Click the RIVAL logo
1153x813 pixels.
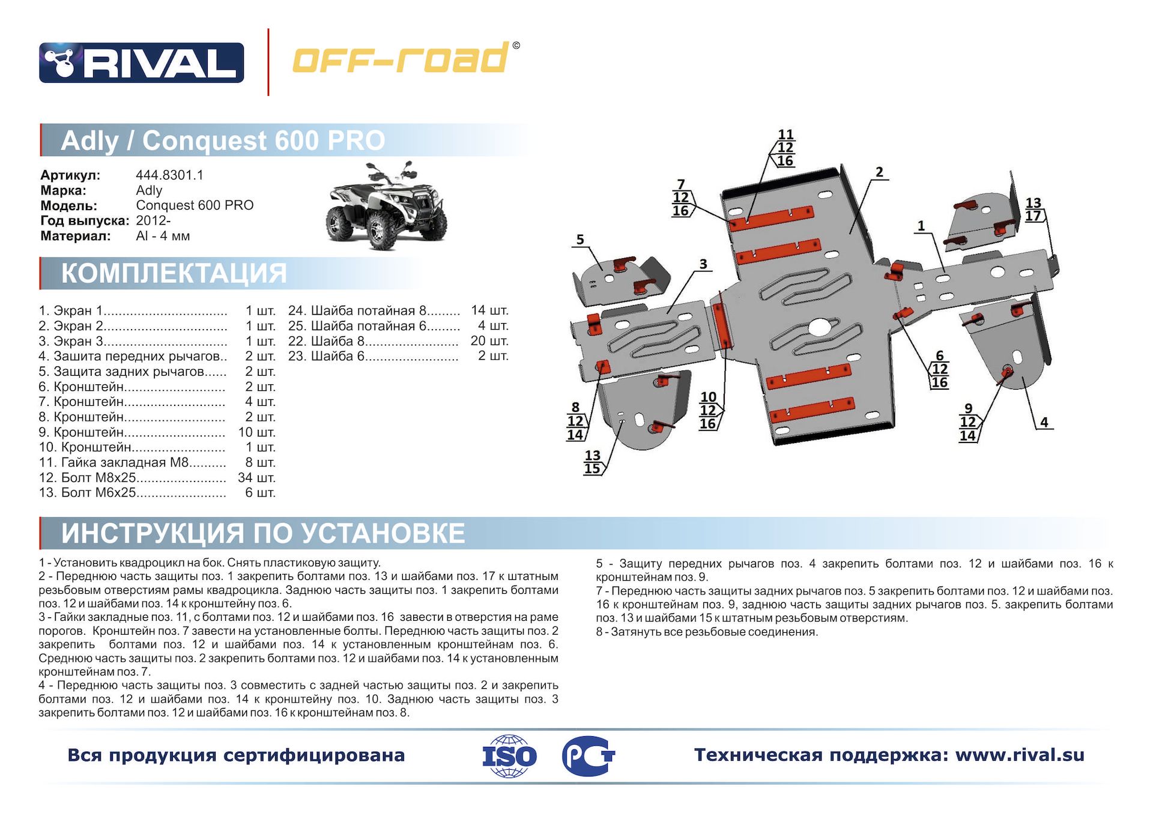(142, 62)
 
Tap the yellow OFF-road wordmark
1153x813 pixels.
(401, 59)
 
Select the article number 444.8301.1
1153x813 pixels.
(169, 175)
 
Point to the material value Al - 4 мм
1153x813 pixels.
(163, 236)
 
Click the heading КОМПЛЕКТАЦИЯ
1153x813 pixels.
(174, 273)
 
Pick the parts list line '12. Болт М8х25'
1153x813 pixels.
(132, 477)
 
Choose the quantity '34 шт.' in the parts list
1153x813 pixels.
(256, 477)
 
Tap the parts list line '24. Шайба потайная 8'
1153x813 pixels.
(374, 310)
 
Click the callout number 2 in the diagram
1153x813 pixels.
(879, 172)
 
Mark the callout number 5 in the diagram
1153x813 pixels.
(580, 240)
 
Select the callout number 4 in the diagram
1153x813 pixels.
(1044, 422)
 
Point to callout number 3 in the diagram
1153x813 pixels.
(703, 264)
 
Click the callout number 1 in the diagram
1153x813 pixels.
(921, 226)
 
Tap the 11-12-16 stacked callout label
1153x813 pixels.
(785, 148)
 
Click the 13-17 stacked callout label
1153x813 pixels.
(1033, 209)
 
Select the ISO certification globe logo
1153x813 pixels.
(509, 756)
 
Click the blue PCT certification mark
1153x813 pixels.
(588, 756)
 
